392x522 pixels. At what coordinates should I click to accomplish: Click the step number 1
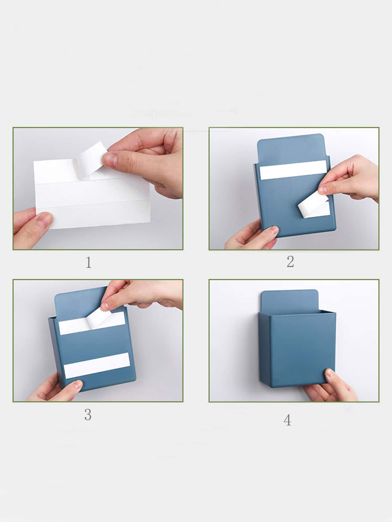pyautogui.click(x=89, y=262)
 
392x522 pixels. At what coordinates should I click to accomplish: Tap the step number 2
pyautogui.click(x=290, y=261)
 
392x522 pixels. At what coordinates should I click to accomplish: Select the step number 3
pyautogui.click(x=88, y=414)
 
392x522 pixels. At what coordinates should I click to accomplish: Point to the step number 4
pyautogui.click(x=287, y=420)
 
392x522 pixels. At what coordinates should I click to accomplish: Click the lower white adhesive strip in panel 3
pyautogui.click(x=97, y=365)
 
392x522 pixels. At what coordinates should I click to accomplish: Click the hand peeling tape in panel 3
pyautogui.click(x=140, y=295)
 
